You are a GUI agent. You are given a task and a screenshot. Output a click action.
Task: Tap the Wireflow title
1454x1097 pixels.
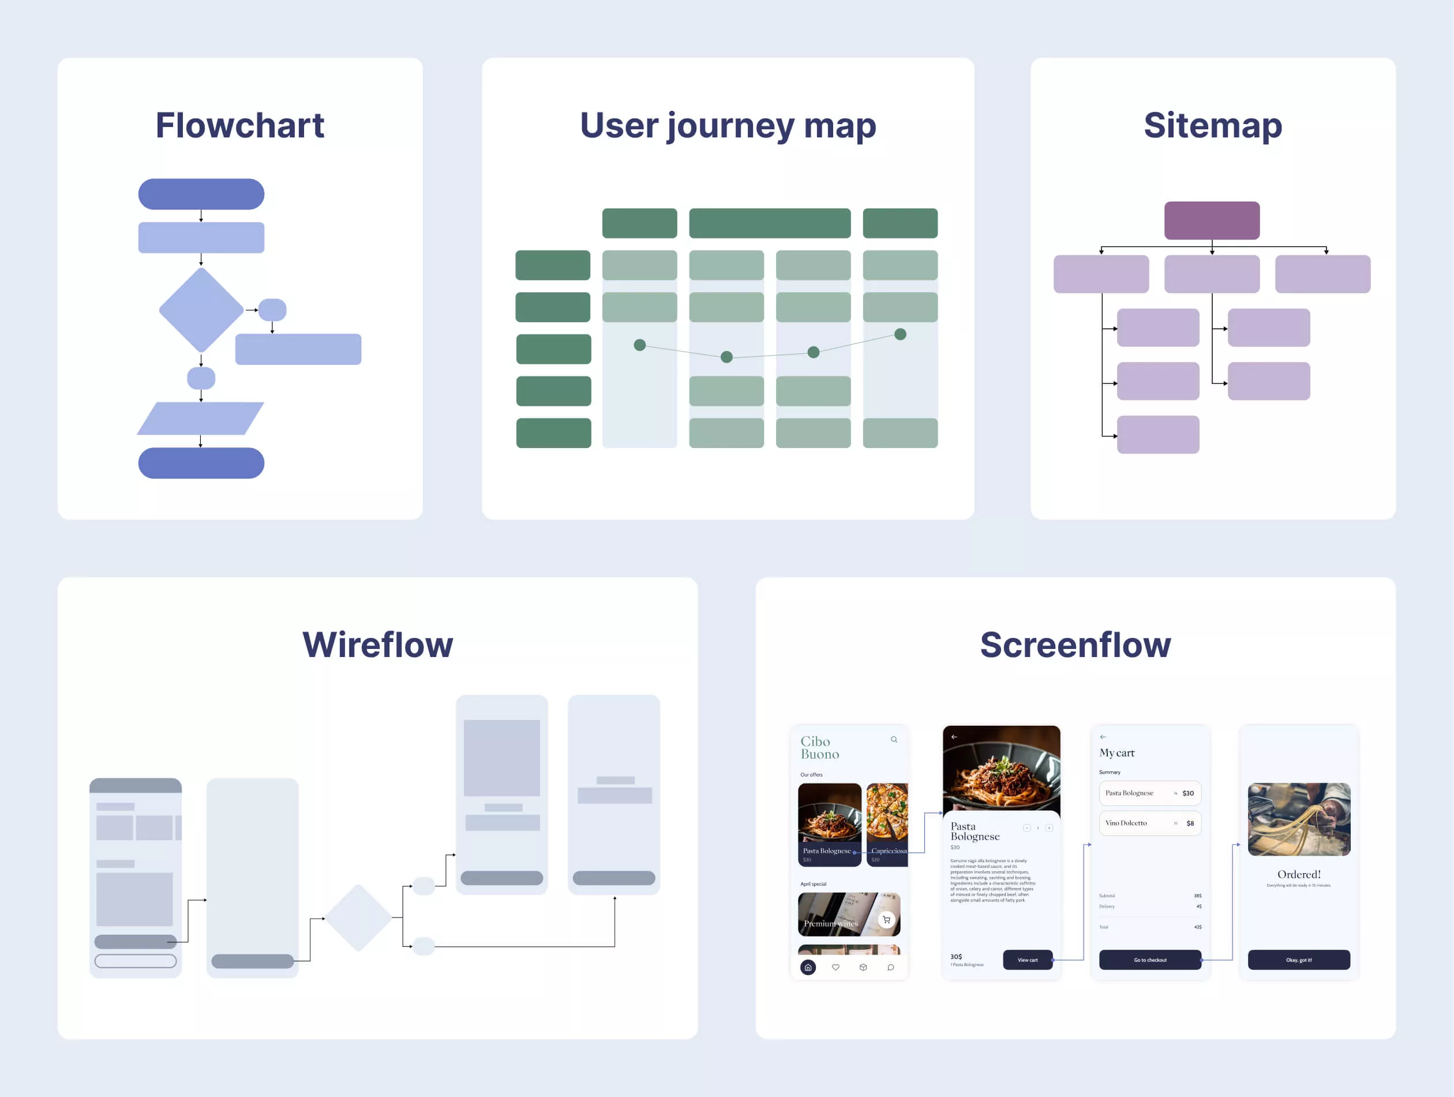pos(377,644)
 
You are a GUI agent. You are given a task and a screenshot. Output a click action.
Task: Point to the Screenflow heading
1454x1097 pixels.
pos(1075,644)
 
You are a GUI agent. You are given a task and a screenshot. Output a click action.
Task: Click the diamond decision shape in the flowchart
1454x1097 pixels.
pos(201,310)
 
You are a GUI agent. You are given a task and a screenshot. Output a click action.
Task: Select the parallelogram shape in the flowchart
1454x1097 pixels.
pos(200,418)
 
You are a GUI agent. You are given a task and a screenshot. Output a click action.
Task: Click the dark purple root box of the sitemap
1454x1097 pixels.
pos(1212,221)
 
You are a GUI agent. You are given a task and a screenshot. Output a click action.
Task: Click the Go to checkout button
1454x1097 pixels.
pos(1150,960)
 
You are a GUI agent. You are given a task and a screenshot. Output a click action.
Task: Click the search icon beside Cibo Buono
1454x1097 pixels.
pos(894,739)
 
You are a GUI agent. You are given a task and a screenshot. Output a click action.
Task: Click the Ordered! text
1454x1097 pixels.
pos(1299,874)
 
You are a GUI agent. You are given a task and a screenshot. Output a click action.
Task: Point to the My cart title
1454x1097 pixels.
pos(1117,752)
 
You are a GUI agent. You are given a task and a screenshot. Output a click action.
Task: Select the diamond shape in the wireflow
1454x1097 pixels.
pos(358,917)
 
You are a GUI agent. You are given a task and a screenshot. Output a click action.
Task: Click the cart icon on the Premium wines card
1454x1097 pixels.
pos(886,919)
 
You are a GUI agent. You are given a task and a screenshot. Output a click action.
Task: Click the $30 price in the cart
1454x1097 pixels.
pos(1188,793)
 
